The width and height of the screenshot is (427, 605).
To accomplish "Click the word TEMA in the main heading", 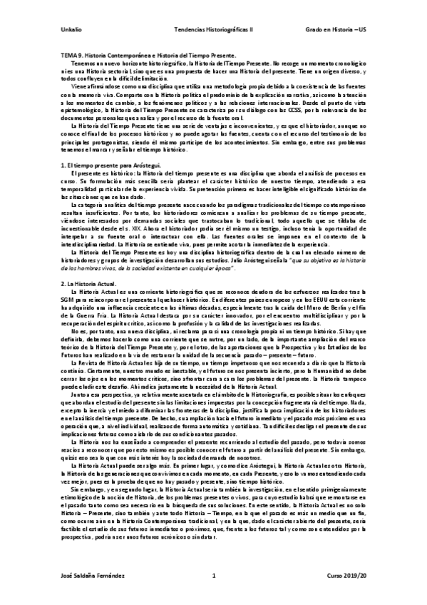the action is (x=68, y=55).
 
